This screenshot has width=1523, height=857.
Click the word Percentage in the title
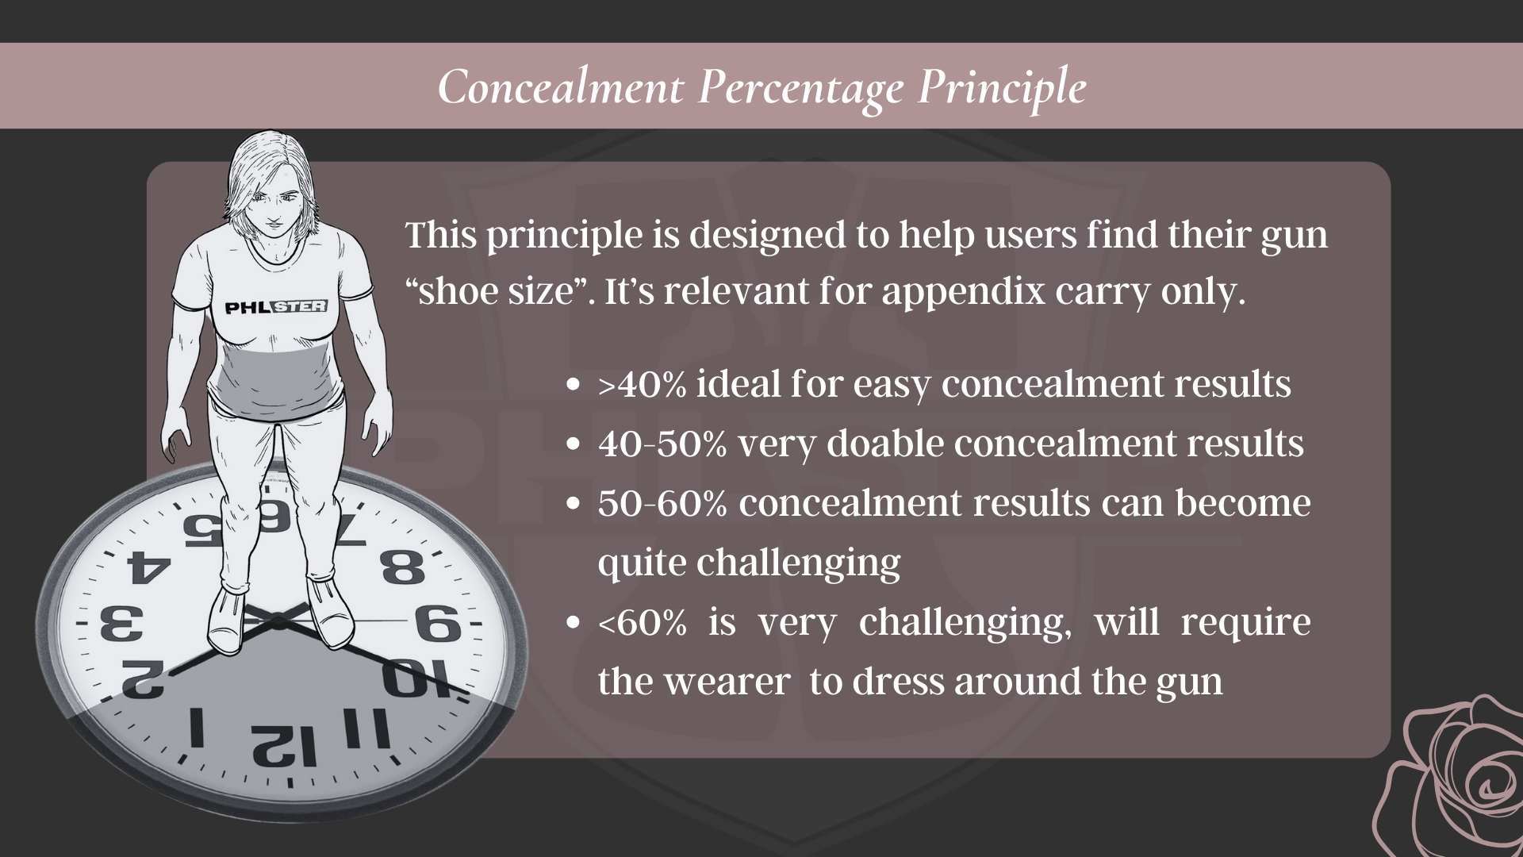(800, 87)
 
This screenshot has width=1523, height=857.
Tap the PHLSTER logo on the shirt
(275, 306)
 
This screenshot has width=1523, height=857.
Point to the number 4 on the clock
(148, 567)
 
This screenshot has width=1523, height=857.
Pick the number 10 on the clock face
(415, 678)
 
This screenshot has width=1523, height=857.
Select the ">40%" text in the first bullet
(642, 385)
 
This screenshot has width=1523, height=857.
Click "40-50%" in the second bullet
(662, 444)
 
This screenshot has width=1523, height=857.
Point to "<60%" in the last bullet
(643, 623)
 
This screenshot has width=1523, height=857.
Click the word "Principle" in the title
(1002, 87)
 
